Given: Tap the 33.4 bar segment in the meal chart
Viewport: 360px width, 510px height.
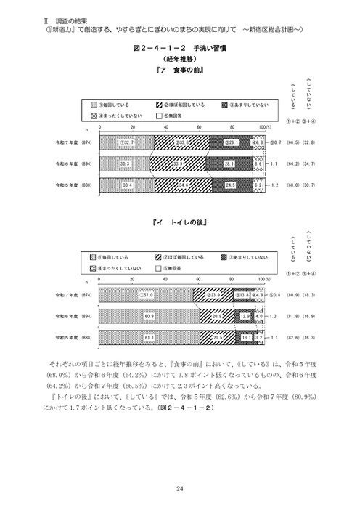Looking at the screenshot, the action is [125, 185].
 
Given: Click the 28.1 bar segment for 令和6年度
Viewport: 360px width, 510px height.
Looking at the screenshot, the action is [230, 164].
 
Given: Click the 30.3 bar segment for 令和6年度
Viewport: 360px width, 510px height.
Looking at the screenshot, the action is [125, 164].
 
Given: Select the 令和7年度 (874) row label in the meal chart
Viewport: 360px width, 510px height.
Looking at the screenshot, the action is [70, 143].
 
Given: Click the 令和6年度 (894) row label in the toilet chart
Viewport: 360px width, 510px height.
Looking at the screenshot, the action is [70, 317].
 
